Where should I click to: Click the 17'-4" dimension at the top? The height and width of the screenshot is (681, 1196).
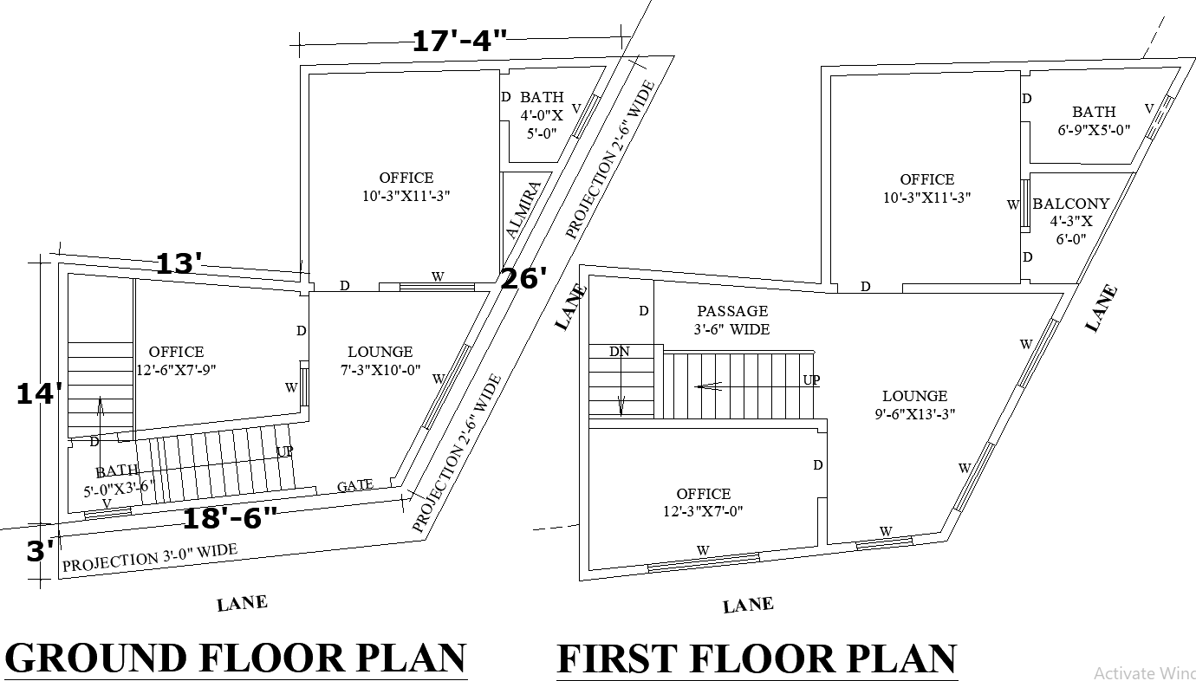point(458,41)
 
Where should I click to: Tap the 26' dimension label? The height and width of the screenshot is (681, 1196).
point(523,279)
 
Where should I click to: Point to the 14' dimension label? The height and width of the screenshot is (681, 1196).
point(40,394)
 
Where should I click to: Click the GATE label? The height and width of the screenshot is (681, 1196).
point(355,486)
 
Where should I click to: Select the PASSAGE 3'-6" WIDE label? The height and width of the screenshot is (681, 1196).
point(732,320)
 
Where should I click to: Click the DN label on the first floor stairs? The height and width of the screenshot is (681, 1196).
point(619,352)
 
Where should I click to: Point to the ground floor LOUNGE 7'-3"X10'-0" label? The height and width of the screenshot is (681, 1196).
point(380,360)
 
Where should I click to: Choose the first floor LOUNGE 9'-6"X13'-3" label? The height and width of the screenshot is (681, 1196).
point(915,405)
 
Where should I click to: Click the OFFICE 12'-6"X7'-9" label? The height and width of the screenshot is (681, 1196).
point(176,360)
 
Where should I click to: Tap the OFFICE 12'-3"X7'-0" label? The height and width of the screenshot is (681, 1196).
point(703,503)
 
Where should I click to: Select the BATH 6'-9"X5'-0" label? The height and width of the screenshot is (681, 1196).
point(1094,120)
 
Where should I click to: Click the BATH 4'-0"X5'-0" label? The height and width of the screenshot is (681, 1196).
point(542,114)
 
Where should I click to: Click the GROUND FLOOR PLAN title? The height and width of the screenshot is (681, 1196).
point(236,658)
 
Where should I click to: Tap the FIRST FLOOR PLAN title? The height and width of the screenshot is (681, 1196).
point(757,659)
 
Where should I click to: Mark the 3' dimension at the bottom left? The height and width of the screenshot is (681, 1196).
point(40,551)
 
